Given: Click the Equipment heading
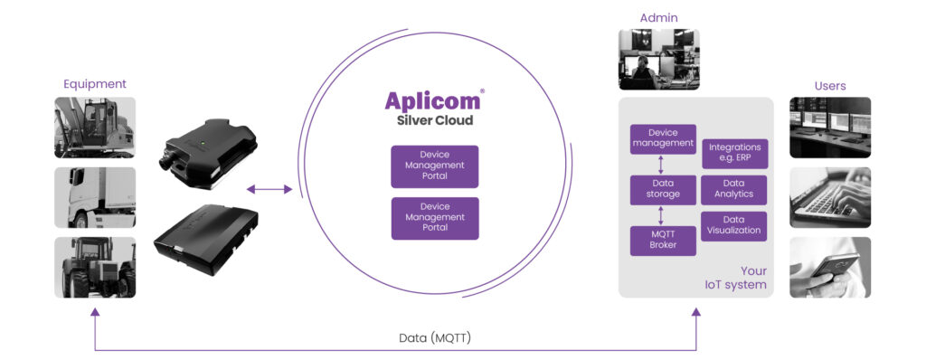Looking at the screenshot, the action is (95, 84).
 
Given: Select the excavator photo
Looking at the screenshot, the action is (95, 128).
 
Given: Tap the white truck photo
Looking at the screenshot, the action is (95, 197).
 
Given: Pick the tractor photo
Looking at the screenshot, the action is (95, 267).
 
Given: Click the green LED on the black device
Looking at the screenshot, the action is (202, 142).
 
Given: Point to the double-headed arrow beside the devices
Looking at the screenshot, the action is (269, 189).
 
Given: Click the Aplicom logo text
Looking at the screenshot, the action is (433, 100).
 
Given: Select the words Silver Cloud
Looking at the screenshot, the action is (434, 120).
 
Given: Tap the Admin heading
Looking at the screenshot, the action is (659, 18).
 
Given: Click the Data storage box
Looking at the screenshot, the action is (663, 190).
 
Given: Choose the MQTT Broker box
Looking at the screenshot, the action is (663, 241).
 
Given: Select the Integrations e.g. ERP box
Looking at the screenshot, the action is (734, 153).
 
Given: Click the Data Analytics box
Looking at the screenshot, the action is (734, 190).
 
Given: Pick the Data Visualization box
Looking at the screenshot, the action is (734, 226).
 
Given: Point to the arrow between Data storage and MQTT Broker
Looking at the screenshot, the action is (661, 215).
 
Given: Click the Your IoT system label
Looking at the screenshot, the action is (736, 278).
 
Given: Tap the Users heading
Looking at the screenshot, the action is (830, 86).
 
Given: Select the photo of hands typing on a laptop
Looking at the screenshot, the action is (830, 197).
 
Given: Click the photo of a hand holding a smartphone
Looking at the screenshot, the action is (830, 267).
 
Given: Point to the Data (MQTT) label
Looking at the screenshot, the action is (435, 338).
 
